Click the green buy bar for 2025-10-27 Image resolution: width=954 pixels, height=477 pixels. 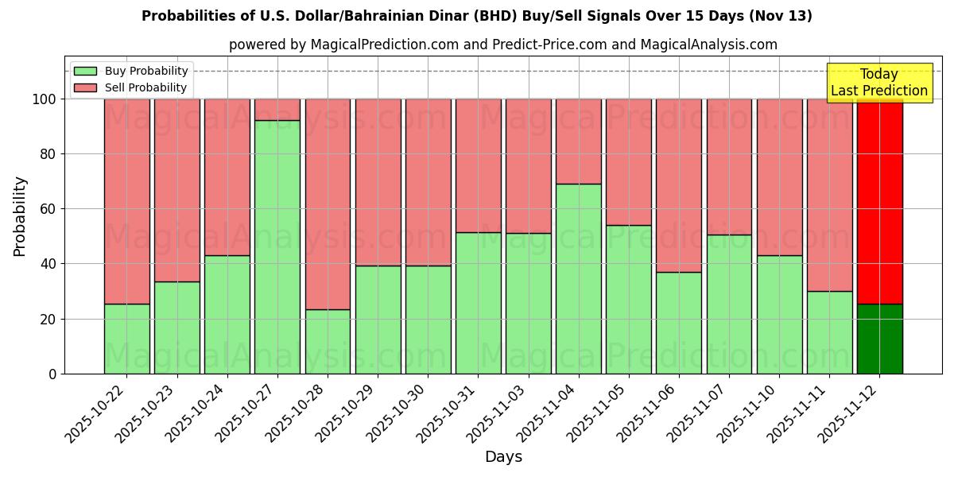(x=277, y=246)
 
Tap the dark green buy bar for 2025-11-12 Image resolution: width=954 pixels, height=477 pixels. (x=879, y=339)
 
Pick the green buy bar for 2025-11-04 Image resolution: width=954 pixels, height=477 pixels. (x=578, y=278)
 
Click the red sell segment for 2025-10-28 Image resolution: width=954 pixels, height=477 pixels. (x=328, y=204)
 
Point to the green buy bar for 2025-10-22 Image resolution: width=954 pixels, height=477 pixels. (x=126, y=339)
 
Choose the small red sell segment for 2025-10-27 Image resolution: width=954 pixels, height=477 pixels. (x=277, y=110)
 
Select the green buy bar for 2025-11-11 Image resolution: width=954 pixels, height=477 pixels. (x=829, y=332)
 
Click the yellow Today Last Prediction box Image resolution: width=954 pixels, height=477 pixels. (x=878, y=83)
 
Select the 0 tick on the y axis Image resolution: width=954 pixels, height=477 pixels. (x=52, y=374)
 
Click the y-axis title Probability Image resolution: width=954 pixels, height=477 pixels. (x=20, y=216)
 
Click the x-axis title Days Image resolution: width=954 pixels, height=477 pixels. (x=503, y=457)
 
